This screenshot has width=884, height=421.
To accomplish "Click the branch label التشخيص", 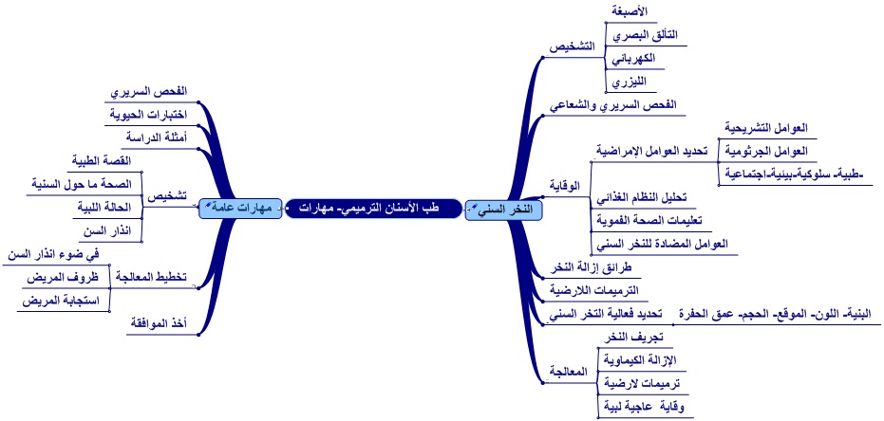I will (x=573, y=46).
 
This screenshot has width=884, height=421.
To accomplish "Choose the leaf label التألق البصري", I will (x=641, y=35).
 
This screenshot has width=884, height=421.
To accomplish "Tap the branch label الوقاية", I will (x=566, y=184).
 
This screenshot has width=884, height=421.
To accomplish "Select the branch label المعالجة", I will (x=570, y=372).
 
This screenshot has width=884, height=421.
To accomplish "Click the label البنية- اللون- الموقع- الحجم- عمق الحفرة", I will (x=778, y=312).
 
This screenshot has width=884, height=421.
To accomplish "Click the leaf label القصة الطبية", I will (x=105, y=160).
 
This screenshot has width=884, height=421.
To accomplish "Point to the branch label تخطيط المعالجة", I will (x=151, y=277).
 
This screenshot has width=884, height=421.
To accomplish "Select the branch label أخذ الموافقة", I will (x=157, y=323).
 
